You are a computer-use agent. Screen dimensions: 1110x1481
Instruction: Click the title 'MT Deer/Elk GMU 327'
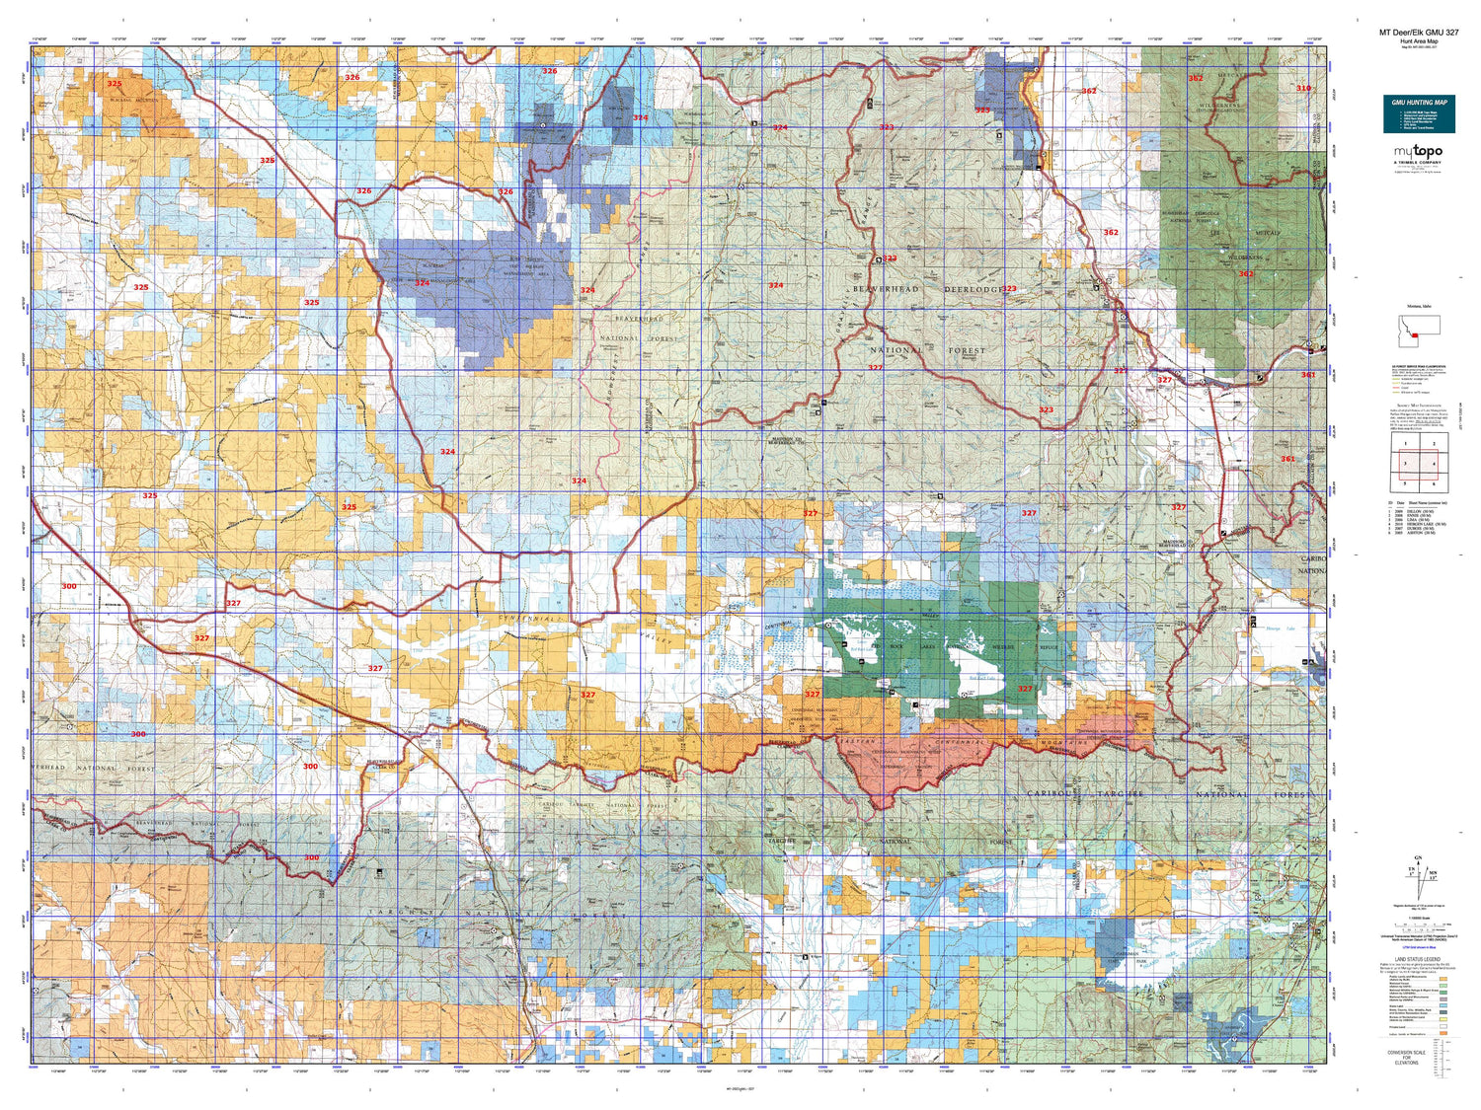[x=1418, y=32]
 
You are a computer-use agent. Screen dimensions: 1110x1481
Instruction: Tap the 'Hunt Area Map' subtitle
[x=1418, y=41]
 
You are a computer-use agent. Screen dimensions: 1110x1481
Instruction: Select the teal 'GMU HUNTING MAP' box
[x=1419, y=114]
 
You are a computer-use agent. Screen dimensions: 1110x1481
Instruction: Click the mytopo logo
[x=1418, y=152]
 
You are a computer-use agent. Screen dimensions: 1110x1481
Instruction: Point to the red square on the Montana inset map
[x=1415, y=334]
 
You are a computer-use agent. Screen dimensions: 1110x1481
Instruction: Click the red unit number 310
[x=1303, y=88]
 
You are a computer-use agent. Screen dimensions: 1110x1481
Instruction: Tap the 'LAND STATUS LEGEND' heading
[x=1418, y=959]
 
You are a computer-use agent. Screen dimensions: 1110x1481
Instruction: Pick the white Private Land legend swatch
[x=1444, y=1025]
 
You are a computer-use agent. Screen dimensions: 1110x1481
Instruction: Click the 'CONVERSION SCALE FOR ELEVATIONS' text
[x=1407, y=1057]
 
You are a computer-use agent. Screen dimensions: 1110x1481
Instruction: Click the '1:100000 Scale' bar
[x=1418, y=925]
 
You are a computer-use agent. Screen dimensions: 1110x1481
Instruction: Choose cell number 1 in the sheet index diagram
[x=1405, y=445]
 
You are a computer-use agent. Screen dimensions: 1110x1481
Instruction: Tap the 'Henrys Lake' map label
[x=1280, y=629]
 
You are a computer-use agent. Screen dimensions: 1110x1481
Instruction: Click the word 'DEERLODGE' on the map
[x=972, y=290]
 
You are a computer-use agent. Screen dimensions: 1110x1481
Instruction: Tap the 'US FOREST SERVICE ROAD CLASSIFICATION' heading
[x=1418, y=366]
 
